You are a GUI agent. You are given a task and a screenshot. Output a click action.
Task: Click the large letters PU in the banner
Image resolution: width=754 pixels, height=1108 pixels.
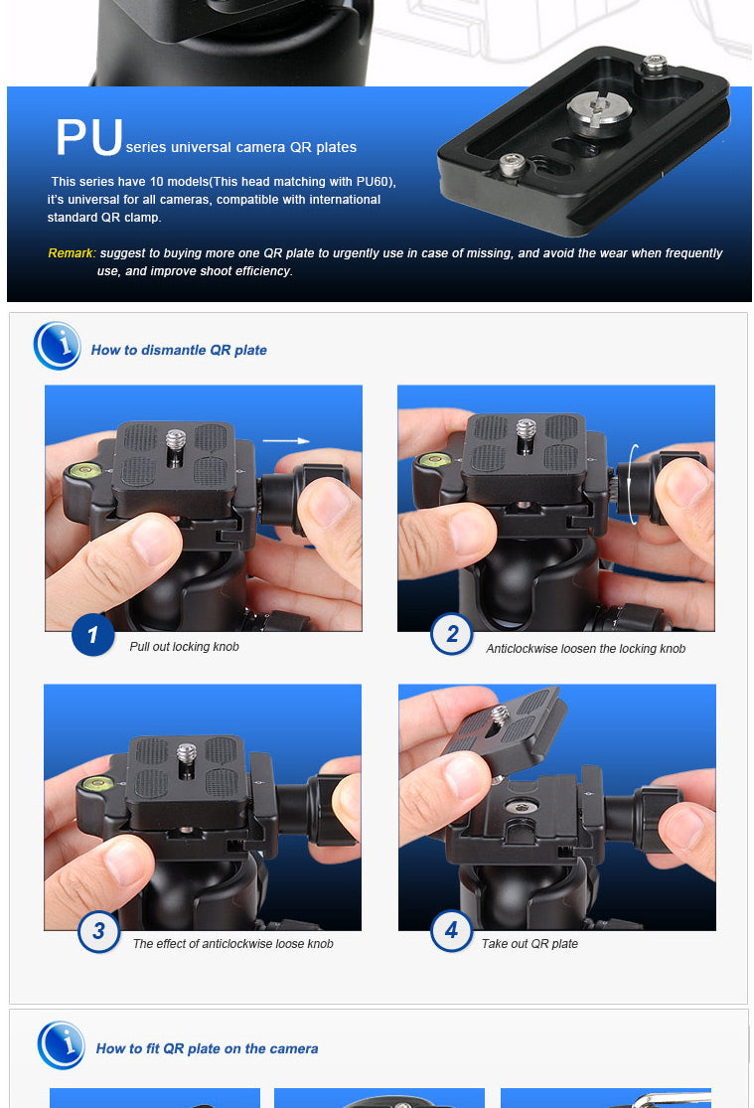[89, 137]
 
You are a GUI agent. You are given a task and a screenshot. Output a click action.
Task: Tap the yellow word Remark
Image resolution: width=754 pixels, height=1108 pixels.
[71, 253]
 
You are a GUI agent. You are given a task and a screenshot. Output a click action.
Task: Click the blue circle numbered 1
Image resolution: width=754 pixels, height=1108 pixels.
[92, 635]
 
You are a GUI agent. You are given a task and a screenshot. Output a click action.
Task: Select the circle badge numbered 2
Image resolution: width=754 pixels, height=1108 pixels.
[452, 634]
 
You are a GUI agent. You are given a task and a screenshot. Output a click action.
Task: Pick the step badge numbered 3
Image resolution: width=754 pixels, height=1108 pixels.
[99, 931]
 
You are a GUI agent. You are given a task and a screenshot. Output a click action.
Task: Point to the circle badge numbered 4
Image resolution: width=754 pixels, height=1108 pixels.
[452, 930]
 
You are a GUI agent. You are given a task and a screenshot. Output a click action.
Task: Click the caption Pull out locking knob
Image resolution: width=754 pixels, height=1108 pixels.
[185, 647]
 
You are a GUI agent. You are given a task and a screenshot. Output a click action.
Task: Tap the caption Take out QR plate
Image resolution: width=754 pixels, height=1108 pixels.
[530, 943]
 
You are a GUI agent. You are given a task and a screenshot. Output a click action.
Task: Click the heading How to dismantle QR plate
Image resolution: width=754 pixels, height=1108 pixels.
[179, 350]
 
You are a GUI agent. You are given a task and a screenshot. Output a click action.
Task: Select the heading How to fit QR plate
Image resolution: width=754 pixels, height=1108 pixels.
[207, 1048]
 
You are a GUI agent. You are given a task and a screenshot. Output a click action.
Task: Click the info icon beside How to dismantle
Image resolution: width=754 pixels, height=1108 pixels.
[58, 346]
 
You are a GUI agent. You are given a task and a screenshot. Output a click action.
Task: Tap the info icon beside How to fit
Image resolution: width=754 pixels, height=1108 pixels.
[63, 1045]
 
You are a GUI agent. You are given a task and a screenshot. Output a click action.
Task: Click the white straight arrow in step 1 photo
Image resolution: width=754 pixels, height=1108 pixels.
[286, 441]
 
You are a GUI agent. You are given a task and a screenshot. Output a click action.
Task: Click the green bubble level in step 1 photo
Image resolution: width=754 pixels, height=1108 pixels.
[84, 469]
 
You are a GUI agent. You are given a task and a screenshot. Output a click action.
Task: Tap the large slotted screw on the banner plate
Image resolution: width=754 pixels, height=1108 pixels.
[599, 112]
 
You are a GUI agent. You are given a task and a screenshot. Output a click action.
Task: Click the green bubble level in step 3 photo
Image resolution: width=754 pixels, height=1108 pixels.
[98, 782]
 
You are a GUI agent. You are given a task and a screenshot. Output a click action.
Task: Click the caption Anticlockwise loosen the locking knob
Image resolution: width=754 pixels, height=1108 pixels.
[586, 649]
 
